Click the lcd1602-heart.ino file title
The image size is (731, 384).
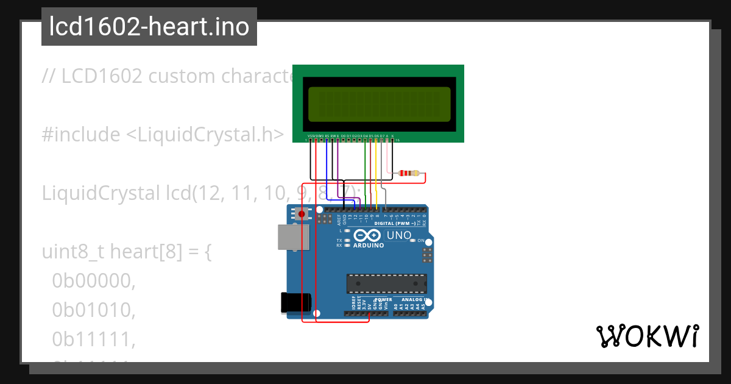coord(149,27)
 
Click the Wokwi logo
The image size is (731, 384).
coord(647,336)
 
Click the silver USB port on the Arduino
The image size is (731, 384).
coord(293,237)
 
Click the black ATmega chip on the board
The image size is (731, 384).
coord(386,283)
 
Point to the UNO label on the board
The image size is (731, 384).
coord(399,235)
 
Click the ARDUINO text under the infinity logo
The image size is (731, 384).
coord(369,246)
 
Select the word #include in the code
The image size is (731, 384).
coord(81,135)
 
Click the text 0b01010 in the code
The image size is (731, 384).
coord(93,310)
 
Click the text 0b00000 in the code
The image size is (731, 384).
coord(93,280)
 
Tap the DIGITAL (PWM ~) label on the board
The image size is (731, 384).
coord(395,224)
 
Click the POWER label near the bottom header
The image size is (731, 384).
coord(383,300)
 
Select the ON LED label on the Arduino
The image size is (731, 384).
coord(421,240)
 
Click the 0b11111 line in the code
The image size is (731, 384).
coord(93,340)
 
